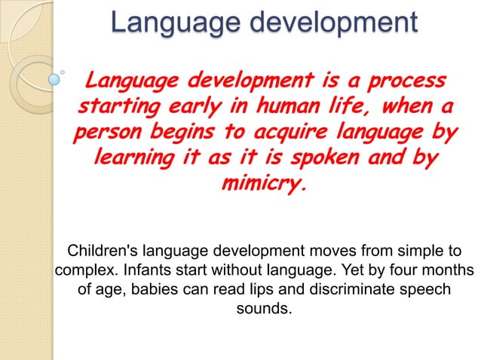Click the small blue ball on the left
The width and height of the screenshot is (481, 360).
coord(55,77)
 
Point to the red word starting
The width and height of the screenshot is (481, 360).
coord(121,107)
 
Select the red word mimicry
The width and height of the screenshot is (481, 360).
coord(262,186)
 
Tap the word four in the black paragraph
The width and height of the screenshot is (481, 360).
coord(390,270)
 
